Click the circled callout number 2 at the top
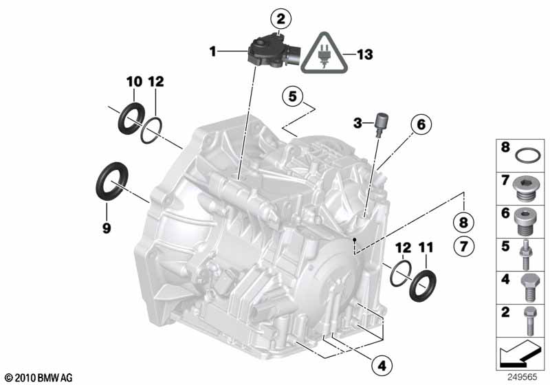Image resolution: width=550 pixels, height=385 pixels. [281, 20]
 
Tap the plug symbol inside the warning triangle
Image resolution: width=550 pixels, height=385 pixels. [324, 56]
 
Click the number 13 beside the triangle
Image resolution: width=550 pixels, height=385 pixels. [365, 55]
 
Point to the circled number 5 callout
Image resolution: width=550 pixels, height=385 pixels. [293, 96]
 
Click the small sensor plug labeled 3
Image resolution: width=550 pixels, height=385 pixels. [379, 126]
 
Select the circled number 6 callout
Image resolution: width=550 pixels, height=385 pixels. [421, 124]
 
